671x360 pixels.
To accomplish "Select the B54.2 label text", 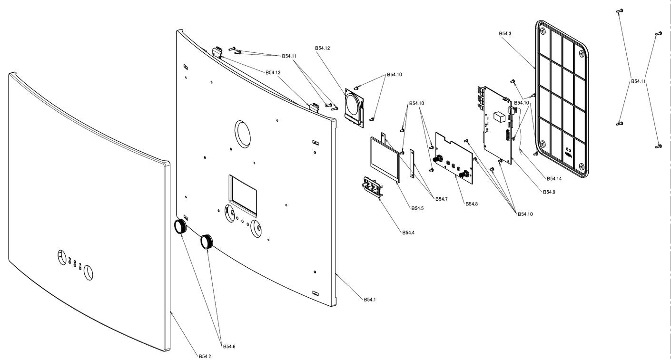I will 206,356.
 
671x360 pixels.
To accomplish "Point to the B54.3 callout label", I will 505,34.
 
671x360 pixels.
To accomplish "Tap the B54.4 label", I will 409,233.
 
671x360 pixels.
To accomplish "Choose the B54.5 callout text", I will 417,208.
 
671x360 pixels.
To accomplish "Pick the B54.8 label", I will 472,204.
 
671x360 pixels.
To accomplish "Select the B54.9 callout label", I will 549,192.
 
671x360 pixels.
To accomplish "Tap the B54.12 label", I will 322,48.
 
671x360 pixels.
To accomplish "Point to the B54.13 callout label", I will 273,72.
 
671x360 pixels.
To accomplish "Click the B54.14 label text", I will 554,178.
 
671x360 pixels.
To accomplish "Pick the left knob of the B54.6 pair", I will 181,227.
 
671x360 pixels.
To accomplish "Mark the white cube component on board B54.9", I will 499,117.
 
